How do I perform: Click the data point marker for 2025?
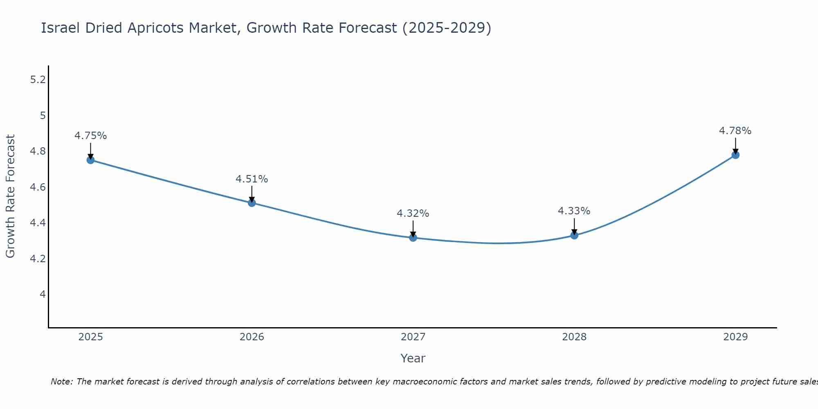tap(90, 160)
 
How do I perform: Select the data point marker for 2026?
tap(252, 203)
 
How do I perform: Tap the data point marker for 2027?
tap(413, 238)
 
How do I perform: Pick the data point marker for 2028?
tap(574, 235)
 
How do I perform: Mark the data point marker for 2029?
tap(735, 155)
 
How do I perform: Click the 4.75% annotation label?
tap(90, 136)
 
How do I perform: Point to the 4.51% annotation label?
tap(252, 179)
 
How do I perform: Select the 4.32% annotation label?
tap(413, 213)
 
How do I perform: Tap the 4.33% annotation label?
tap(574, 211)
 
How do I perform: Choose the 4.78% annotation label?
tap(735, 131)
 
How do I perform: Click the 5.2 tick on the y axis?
tap(38, 80)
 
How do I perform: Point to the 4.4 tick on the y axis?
tap(38, 223)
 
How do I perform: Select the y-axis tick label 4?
tap(43, 294)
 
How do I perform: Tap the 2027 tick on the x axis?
tap(413, 337)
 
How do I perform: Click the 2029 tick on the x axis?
tap(735, 337)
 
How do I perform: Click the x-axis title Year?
tap(413, 358)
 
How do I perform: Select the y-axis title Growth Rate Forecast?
tap(10, 196)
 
